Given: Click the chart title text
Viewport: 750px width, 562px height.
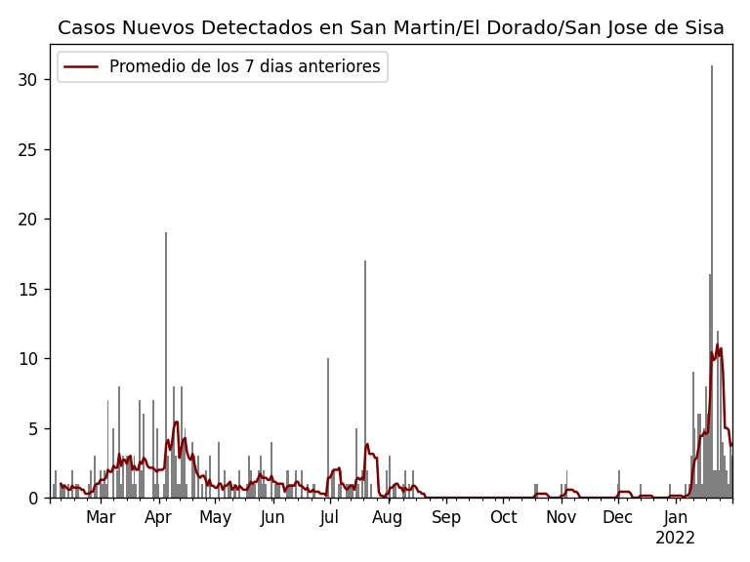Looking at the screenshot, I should click(391, 28).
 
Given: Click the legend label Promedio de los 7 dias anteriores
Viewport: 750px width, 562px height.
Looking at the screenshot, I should click(244, 67).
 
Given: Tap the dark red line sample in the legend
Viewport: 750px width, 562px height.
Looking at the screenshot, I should click(81, 67).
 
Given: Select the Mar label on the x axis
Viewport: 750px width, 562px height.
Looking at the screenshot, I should click(101, 518).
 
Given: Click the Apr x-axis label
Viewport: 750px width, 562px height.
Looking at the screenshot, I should click(158, 518).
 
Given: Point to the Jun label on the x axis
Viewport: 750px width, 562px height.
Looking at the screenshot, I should click(272, 518).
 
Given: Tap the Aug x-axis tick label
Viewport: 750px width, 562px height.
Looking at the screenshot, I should click(388, 518).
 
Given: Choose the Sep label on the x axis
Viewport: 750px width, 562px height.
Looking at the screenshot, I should click(446, 518).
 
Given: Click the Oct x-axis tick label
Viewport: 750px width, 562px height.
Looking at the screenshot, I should click(504, 518).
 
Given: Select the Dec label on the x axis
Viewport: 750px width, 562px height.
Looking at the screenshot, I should click(617, 518).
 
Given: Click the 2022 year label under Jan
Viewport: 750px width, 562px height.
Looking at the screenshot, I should click(675, 539).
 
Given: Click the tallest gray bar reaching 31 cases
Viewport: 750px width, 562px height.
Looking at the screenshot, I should click(712, 283).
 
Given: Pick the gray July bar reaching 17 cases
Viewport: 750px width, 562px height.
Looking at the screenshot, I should click(365, 381).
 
